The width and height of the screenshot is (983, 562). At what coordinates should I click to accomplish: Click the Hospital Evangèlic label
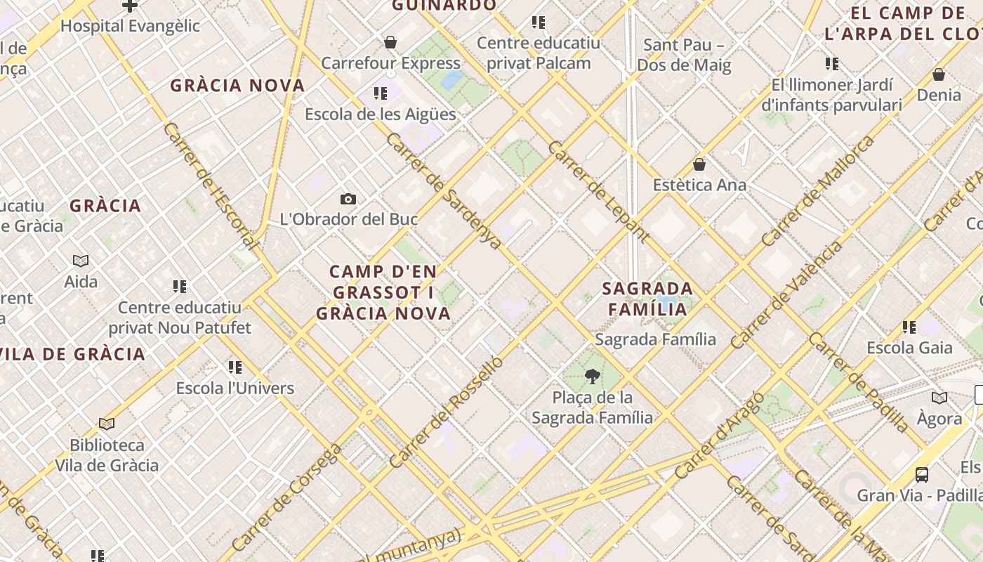pyautogui.click(x=130, y=27)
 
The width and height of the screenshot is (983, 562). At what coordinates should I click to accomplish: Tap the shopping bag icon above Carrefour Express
pyautogui.click(x=390, y=43)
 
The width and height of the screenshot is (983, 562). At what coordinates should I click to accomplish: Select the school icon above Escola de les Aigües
pyautogui.click(x=381, y=93)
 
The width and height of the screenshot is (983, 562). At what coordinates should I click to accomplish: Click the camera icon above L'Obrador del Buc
pyautogui.click(x=348, y=199)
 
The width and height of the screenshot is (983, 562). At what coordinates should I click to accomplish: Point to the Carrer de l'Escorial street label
pyautogui.click(x=211, y=186)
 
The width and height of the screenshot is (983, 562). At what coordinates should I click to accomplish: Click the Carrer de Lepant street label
pyautogui.click(x=598, y=191)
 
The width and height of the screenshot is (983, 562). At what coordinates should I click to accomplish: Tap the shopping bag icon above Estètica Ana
pyautogui.click(x=699, y=164)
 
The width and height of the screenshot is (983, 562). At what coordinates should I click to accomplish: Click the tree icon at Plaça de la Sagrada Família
pyautogui.click(x=593, y=377)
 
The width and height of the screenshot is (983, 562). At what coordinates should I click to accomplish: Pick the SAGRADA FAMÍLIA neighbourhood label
pyautogui.click(x=647, y=299)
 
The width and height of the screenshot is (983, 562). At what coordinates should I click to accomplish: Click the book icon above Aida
pyautogui.click(x=81, y=261)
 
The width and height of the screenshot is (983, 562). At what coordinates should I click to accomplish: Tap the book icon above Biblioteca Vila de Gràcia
pyautogui.click(x=107, y=424)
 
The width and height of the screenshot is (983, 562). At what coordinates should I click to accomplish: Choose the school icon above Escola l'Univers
pyautogui.click(x=235, y=367)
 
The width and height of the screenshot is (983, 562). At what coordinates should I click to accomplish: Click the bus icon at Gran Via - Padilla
pyautogui.click(x=922, y=475)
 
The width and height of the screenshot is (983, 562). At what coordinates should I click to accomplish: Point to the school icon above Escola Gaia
pyautogui.click(x=909, y=327)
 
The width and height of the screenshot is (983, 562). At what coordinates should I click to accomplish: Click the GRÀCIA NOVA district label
pyautogui.click(x=238, y=86)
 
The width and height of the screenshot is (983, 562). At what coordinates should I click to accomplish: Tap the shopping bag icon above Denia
pyautogui.click(x=939, y=74)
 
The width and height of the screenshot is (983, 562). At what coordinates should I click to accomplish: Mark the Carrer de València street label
pyautogui.click(x=786, y=295)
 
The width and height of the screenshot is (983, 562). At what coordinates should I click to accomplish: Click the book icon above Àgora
pyautogui.click(x=939, y=398)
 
